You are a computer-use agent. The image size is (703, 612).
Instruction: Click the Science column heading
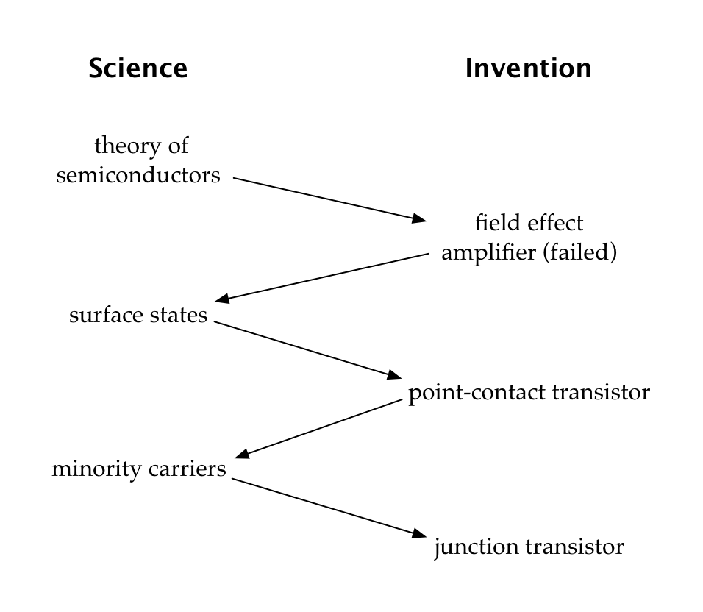138,68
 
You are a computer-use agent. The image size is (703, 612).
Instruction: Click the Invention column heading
528,68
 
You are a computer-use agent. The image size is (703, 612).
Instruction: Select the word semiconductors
138,176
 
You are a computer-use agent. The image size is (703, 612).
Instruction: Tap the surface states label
138,316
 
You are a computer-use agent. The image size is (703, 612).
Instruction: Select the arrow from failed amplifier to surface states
324,277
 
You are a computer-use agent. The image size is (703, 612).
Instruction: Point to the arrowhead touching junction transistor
419,534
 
